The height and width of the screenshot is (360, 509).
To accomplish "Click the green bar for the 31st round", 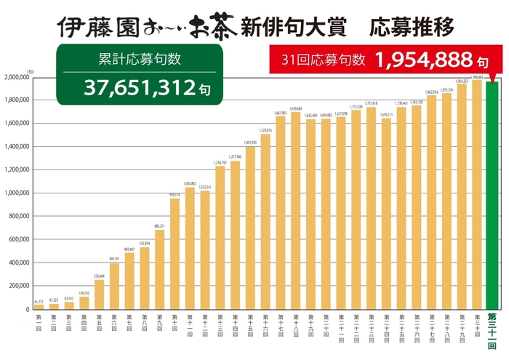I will (492, 196).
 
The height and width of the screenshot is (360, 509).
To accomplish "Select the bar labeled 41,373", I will (39, 306).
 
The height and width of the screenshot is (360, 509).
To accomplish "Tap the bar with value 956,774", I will (175, 255).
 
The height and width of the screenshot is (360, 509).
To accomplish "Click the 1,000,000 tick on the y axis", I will (17, 193).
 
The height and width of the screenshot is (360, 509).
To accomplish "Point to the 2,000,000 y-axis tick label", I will (17, 76).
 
